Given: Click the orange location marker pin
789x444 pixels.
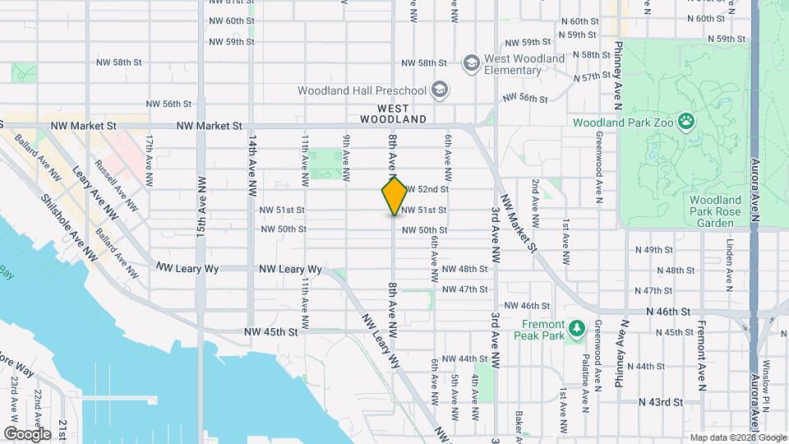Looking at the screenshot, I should click(x=394, y=196).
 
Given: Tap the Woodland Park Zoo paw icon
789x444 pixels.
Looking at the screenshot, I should click(x=686, y=123).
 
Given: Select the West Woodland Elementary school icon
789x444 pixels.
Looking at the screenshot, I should click(x=471, y=62).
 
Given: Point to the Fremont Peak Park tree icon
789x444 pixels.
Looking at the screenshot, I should click(x=576, y=329).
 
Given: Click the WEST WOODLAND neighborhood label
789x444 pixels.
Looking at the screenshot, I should click(x=402, y=113).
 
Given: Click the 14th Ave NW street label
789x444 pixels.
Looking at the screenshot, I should click(x=253, y=164).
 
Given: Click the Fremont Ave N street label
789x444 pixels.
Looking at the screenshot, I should click(x=702, y=353).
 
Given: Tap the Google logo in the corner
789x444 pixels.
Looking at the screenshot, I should click(x=27, y=433).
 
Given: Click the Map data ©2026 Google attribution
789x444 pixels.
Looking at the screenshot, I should click(x=737, y=437).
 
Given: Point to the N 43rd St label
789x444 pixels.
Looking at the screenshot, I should click(x=661, y=402).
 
